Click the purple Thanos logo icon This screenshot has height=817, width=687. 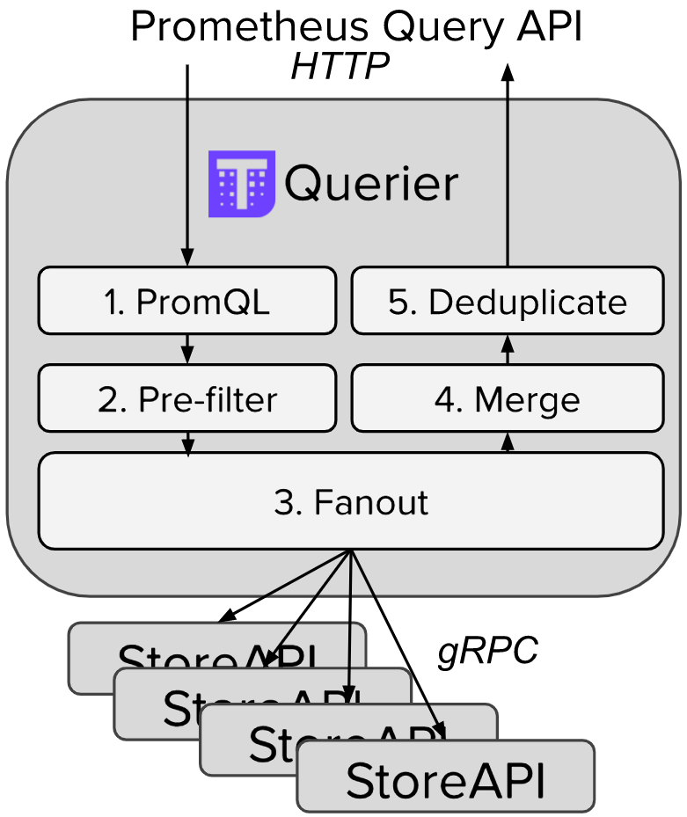[241, 185]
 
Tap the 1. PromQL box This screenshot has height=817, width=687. [186, 302]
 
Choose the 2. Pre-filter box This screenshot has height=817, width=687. [186, 400]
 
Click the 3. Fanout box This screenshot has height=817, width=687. [350, 501]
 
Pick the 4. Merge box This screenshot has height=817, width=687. [507, 400]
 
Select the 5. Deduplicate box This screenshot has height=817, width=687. [507, 302]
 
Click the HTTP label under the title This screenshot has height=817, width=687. [340, 68]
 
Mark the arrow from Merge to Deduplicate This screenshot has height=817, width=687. [507, 349]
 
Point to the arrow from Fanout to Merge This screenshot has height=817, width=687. [507, 441]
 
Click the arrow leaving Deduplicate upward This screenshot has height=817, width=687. [507, 167]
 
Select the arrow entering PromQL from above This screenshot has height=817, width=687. [186, 167]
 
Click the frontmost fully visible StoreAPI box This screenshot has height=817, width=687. [445, 777]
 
